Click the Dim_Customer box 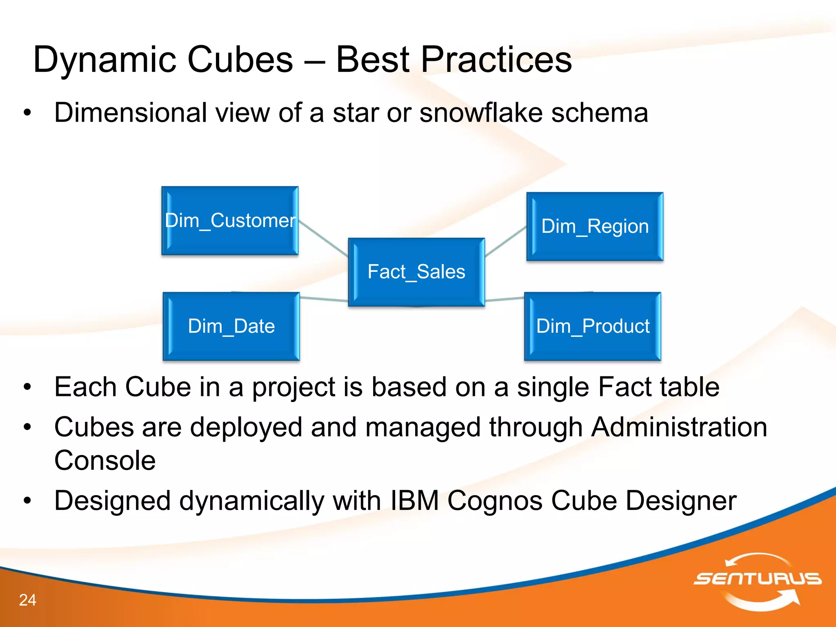point(230,221)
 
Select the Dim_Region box point(595,227)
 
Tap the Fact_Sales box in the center point(416,272)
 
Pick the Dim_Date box point(231,326)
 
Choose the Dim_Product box point(593,326)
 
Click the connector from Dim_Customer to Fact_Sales point(323,239)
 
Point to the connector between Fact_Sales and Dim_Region point(506,242)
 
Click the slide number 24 point(27,600)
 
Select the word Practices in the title point(496,60)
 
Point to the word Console point(105,460)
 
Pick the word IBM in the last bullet point(414,500)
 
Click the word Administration point(679,427)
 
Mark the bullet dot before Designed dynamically point(27,500)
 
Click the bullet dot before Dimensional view point(27,113)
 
